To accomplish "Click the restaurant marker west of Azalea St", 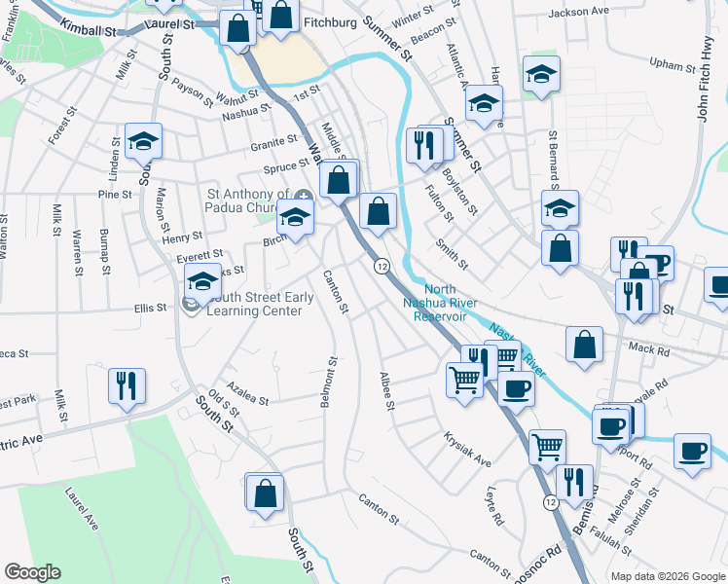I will [127, 386].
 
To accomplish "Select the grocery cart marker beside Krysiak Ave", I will [547, 447].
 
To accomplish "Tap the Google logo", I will [32, 572].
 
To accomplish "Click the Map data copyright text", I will [667, 576].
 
